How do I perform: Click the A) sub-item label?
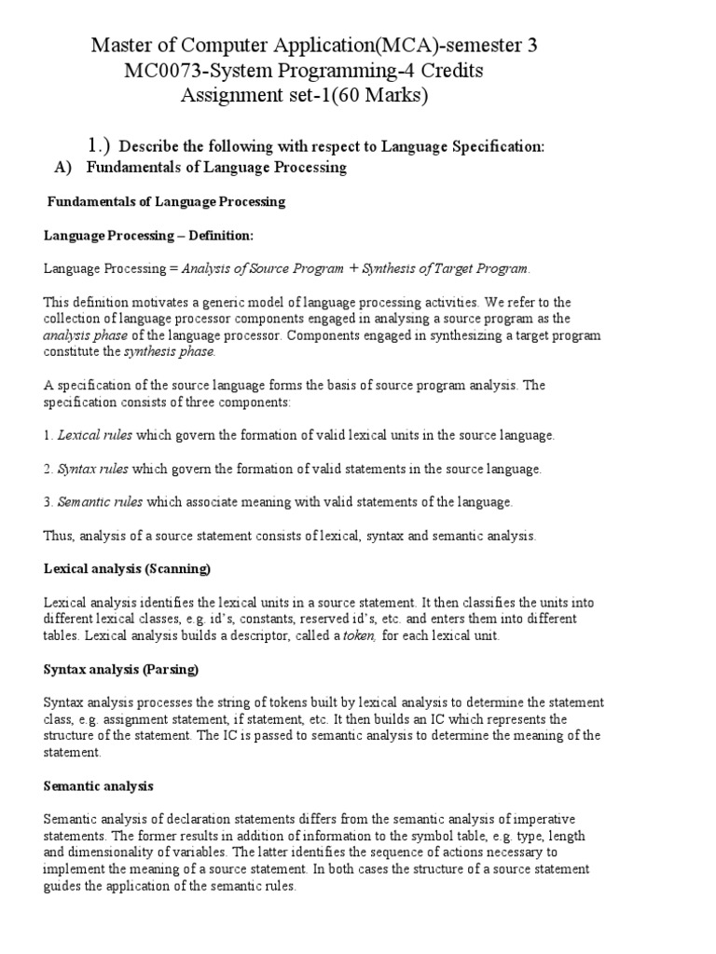pyautogui.click(x=64, y=168)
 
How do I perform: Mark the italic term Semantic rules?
pyautogui.click(x=100, y=502)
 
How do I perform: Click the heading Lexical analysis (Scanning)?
pyautogui.click(x=128, y=568)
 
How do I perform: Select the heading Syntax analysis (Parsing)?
pyautogui.click(x=121, y=669)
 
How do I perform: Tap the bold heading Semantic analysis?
pyautogui.click(x=99, y=786)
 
